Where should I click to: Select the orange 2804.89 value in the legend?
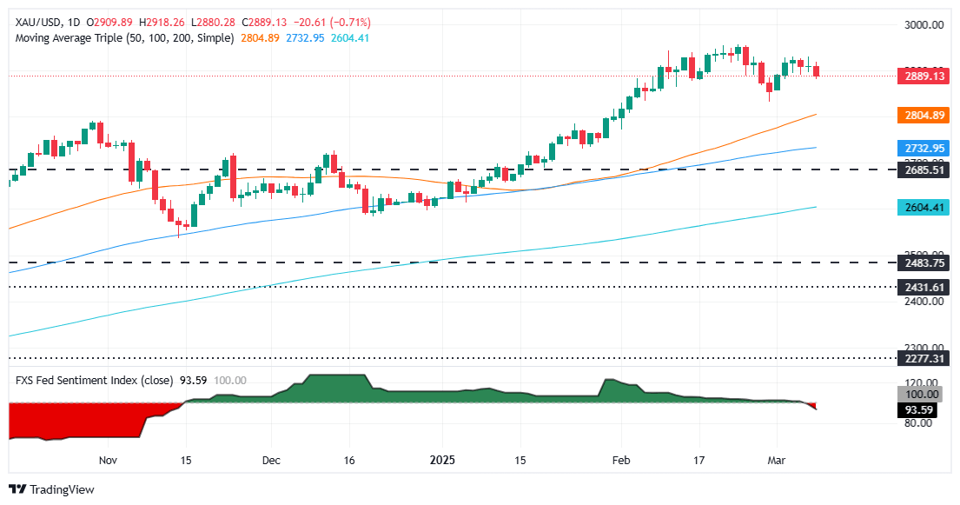pos(259,38)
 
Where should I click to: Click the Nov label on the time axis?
pos(108,460)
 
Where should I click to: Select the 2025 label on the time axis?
pos(443,460)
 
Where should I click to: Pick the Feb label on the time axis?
pos(619,460)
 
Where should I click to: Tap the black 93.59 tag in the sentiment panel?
pos(924,408)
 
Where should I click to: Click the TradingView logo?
pos(51,489)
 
